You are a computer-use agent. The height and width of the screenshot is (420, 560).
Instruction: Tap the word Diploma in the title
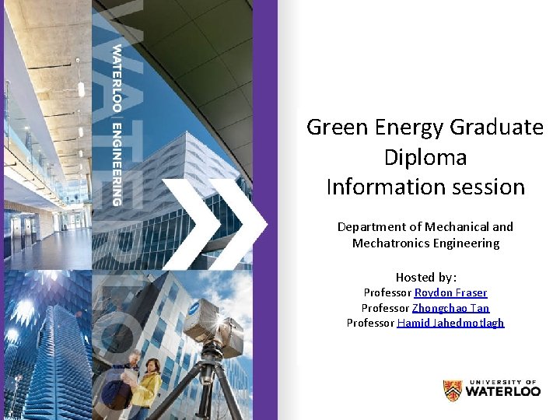click(x=425, y=157)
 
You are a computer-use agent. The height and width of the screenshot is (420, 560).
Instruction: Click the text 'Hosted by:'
click(x=425, y=277)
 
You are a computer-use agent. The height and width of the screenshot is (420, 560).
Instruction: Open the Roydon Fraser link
click(x=450, y=292)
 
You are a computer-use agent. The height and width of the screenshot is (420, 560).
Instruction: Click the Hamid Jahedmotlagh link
click(x=450, y=323)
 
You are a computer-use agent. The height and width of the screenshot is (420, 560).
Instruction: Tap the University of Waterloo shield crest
click(x=452, y=390)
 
